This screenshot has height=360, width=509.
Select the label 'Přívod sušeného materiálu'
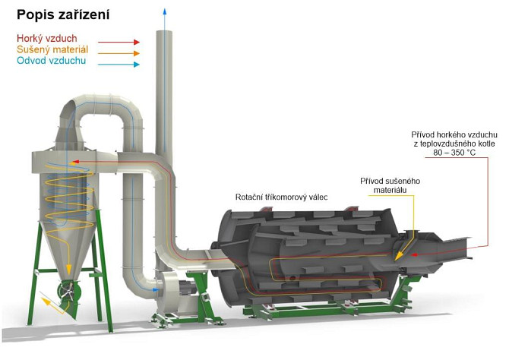389,186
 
